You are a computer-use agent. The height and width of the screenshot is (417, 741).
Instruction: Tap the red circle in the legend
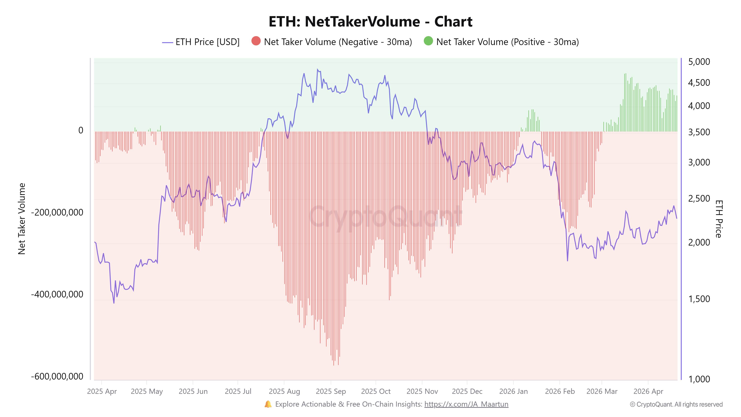tap(256, 41)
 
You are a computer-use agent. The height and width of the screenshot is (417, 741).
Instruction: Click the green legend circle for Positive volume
tap(428, 41)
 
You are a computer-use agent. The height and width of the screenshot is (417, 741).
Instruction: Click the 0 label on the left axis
tap(81, 130)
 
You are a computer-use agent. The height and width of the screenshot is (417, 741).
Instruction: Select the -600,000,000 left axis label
tap(57, 376)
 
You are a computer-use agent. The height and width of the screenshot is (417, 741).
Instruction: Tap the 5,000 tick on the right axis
tap(699, 62)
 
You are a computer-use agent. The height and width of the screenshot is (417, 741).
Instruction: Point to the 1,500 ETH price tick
tap(699, 299)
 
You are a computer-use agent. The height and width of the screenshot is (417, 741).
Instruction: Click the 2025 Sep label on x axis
tap(331, 391)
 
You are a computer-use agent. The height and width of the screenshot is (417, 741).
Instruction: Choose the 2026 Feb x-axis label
tap(560, 391)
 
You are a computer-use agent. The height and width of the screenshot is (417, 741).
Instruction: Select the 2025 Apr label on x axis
tap(102, 391)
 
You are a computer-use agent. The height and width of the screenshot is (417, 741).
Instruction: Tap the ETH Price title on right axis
tap(719, 219)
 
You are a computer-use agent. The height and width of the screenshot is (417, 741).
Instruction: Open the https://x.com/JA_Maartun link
tap(466, 404)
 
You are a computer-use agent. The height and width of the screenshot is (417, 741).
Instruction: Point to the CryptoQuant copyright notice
tap(676, 404)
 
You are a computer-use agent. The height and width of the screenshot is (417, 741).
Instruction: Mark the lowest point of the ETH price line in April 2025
tap(114, 303)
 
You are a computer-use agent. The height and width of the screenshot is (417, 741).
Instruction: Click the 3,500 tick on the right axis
tap(699, 132)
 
